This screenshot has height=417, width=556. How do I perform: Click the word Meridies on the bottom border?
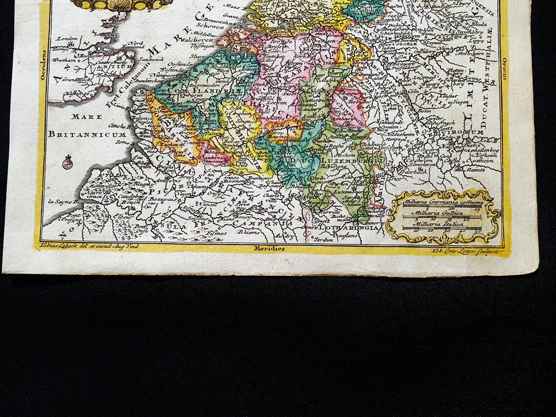click(269, 248)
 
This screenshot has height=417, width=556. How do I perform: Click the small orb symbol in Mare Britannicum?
click(68, 162)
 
